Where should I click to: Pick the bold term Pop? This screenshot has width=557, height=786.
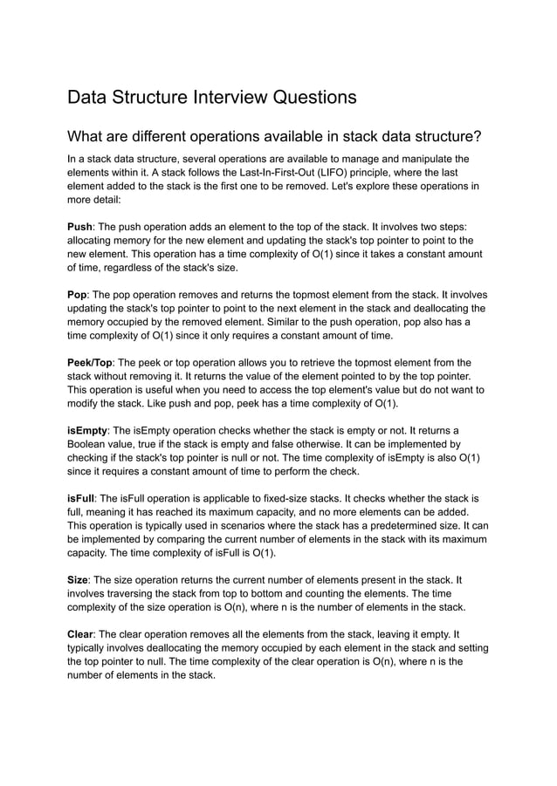[x=78, y=294]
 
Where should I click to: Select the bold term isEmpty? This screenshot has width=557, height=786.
[x=87, y=430]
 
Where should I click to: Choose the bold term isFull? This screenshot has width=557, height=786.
[x=81, y=498]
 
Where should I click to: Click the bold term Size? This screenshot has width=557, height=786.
[x=79, y=579]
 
